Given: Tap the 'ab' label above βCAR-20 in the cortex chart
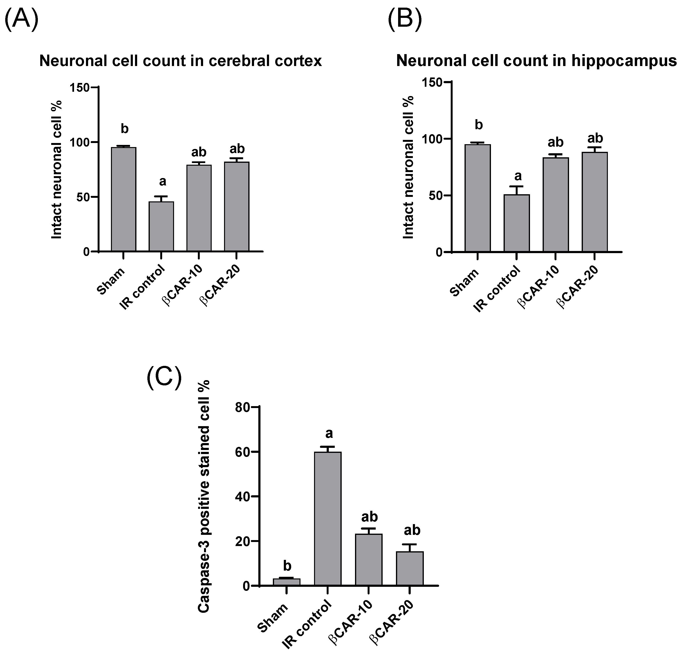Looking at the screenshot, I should pos(237,149).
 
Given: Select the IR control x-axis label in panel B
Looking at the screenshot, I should pos(496,289).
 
